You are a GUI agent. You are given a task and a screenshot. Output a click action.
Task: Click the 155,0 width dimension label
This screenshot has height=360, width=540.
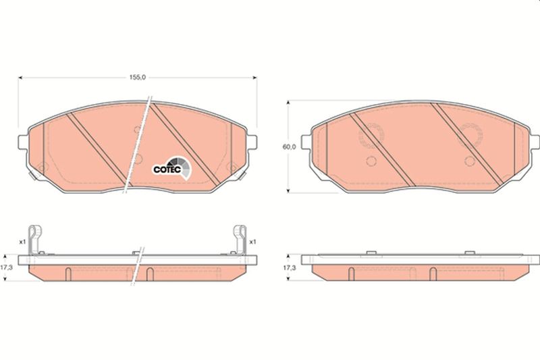pos(138,78)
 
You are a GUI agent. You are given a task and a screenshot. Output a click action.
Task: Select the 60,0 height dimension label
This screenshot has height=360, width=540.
pos(289,147)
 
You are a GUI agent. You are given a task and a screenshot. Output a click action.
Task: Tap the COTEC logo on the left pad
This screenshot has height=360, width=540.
pos(171,168)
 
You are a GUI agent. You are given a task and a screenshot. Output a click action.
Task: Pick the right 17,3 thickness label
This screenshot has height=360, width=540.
pos(290,267)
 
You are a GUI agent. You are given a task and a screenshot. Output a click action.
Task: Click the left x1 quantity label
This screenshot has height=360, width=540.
pos(22,242)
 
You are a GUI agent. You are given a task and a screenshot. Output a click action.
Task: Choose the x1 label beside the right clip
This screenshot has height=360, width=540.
pos(252,242)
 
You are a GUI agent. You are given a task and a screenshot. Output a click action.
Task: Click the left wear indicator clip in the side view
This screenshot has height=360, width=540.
pos(34,240)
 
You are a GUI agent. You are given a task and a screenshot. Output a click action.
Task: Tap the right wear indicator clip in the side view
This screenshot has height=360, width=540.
pos(240,240)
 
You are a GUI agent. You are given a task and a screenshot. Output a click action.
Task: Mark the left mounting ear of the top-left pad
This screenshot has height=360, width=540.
pos(23,143)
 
